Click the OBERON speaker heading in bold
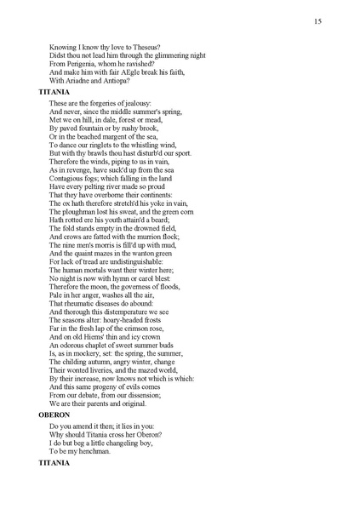point(55,415)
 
